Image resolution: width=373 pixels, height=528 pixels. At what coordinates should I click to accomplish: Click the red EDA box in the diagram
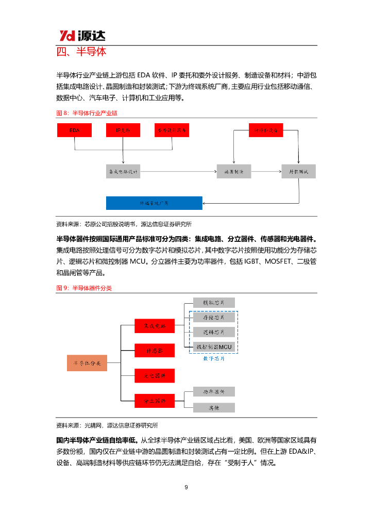click(74, 131)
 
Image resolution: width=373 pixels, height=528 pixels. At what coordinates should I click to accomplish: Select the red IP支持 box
click(123, 131)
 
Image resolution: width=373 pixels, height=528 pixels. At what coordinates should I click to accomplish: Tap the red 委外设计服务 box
click(172, 131)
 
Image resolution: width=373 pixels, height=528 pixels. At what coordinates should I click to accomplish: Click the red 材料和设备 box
click(266, 130)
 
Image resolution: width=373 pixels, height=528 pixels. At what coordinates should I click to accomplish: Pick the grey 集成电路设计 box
click(123, 171)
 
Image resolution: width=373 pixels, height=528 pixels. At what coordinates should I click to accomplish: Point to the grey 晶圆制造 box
click(233, 171)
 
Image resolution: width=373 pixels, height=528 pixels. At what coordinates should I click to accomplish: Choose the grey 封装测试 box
click(298, 171)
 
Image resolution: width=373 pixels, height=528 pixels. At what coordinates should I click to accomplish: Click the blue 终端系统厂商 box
click(154, 203)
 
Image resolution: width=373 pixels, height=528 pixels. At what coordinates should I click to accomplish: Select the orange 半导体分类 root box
click(87, 363)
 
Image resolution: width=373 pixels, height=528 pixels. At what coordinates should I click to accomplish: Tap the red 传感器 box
click(154, 351)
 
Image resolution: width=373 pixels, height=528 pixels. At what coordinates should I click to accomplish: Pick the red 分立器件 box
click(154, 400)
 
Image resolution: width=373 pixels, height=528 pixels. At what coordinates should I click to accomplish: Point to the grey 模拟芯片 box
click(214, 303)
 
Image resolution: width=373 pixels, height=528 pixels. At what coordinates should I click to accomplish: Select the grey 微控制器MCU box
click(214, 347)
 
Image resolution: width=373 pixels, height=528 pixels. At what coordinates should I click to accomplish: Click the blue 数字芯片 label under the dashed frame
click(214, 358)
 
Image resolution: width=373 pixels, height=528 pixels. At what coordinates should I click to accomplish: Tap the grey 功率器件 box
click(214, 392)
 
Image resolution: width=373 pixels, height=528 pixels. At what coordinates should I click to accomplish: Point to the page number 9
click(186, 487)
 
